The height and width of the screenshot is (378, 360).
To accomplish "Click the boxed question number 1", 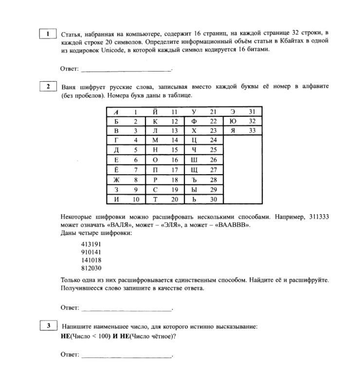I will pyautogui.click(x=48, y=34).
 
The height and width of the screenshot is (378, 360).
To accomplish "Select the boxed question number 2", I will pyautogui.click(x=48, y=86).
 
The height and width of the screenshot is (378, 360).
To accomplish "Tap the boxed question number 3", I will pyautogui.click(x=48, y=326).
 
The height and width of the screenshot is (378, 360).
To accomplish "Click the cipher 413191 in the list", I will pyautogui.click(x=91, y=244).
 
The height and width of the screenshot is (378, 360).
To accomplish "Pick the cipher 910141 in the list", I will pyautogui.click(x=91, y=252).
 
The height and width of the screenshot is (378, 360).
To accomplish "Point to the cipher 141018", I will pyautogui.click(x=91, y=260).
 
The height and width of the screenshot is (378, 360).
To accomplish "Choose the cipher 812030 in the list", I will pyautogui.click(x=91, y=268).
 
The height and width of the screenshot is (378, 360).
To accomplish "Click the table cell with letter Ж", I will pyautogui.click(x=116, y=180).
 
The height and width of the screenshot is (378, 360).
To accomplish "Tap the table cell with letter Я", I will pyautogui.click(x=233, y=130).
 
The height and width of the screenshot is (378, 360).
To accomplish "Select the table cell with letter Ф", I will pyautogui.click(x=194, y=121).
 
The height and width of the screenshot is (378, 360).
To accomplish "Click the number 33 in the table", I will pyautogui.click(x=252, y=130).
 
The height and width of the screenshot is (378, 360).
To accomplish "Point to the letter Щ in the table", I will pyautogui.click(x=194, y=170).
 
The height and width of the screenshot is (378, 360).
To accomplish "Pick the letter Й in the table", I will pyautogui.click(x=155, y=112).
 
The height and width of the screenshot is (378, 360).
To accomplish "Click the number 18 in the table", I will pyautogui.click(x=174, y=180).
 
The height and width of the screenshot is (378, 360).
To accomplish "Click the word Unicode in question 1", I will pyautogui.click(x=113, y=49).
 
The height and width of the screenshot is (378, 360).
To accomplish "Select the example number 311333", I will pyautogui.click(x=319, y=217).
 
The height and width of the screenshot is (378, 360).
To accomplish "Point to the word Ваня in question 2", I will pyautogui.click(x=69, y=87).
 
